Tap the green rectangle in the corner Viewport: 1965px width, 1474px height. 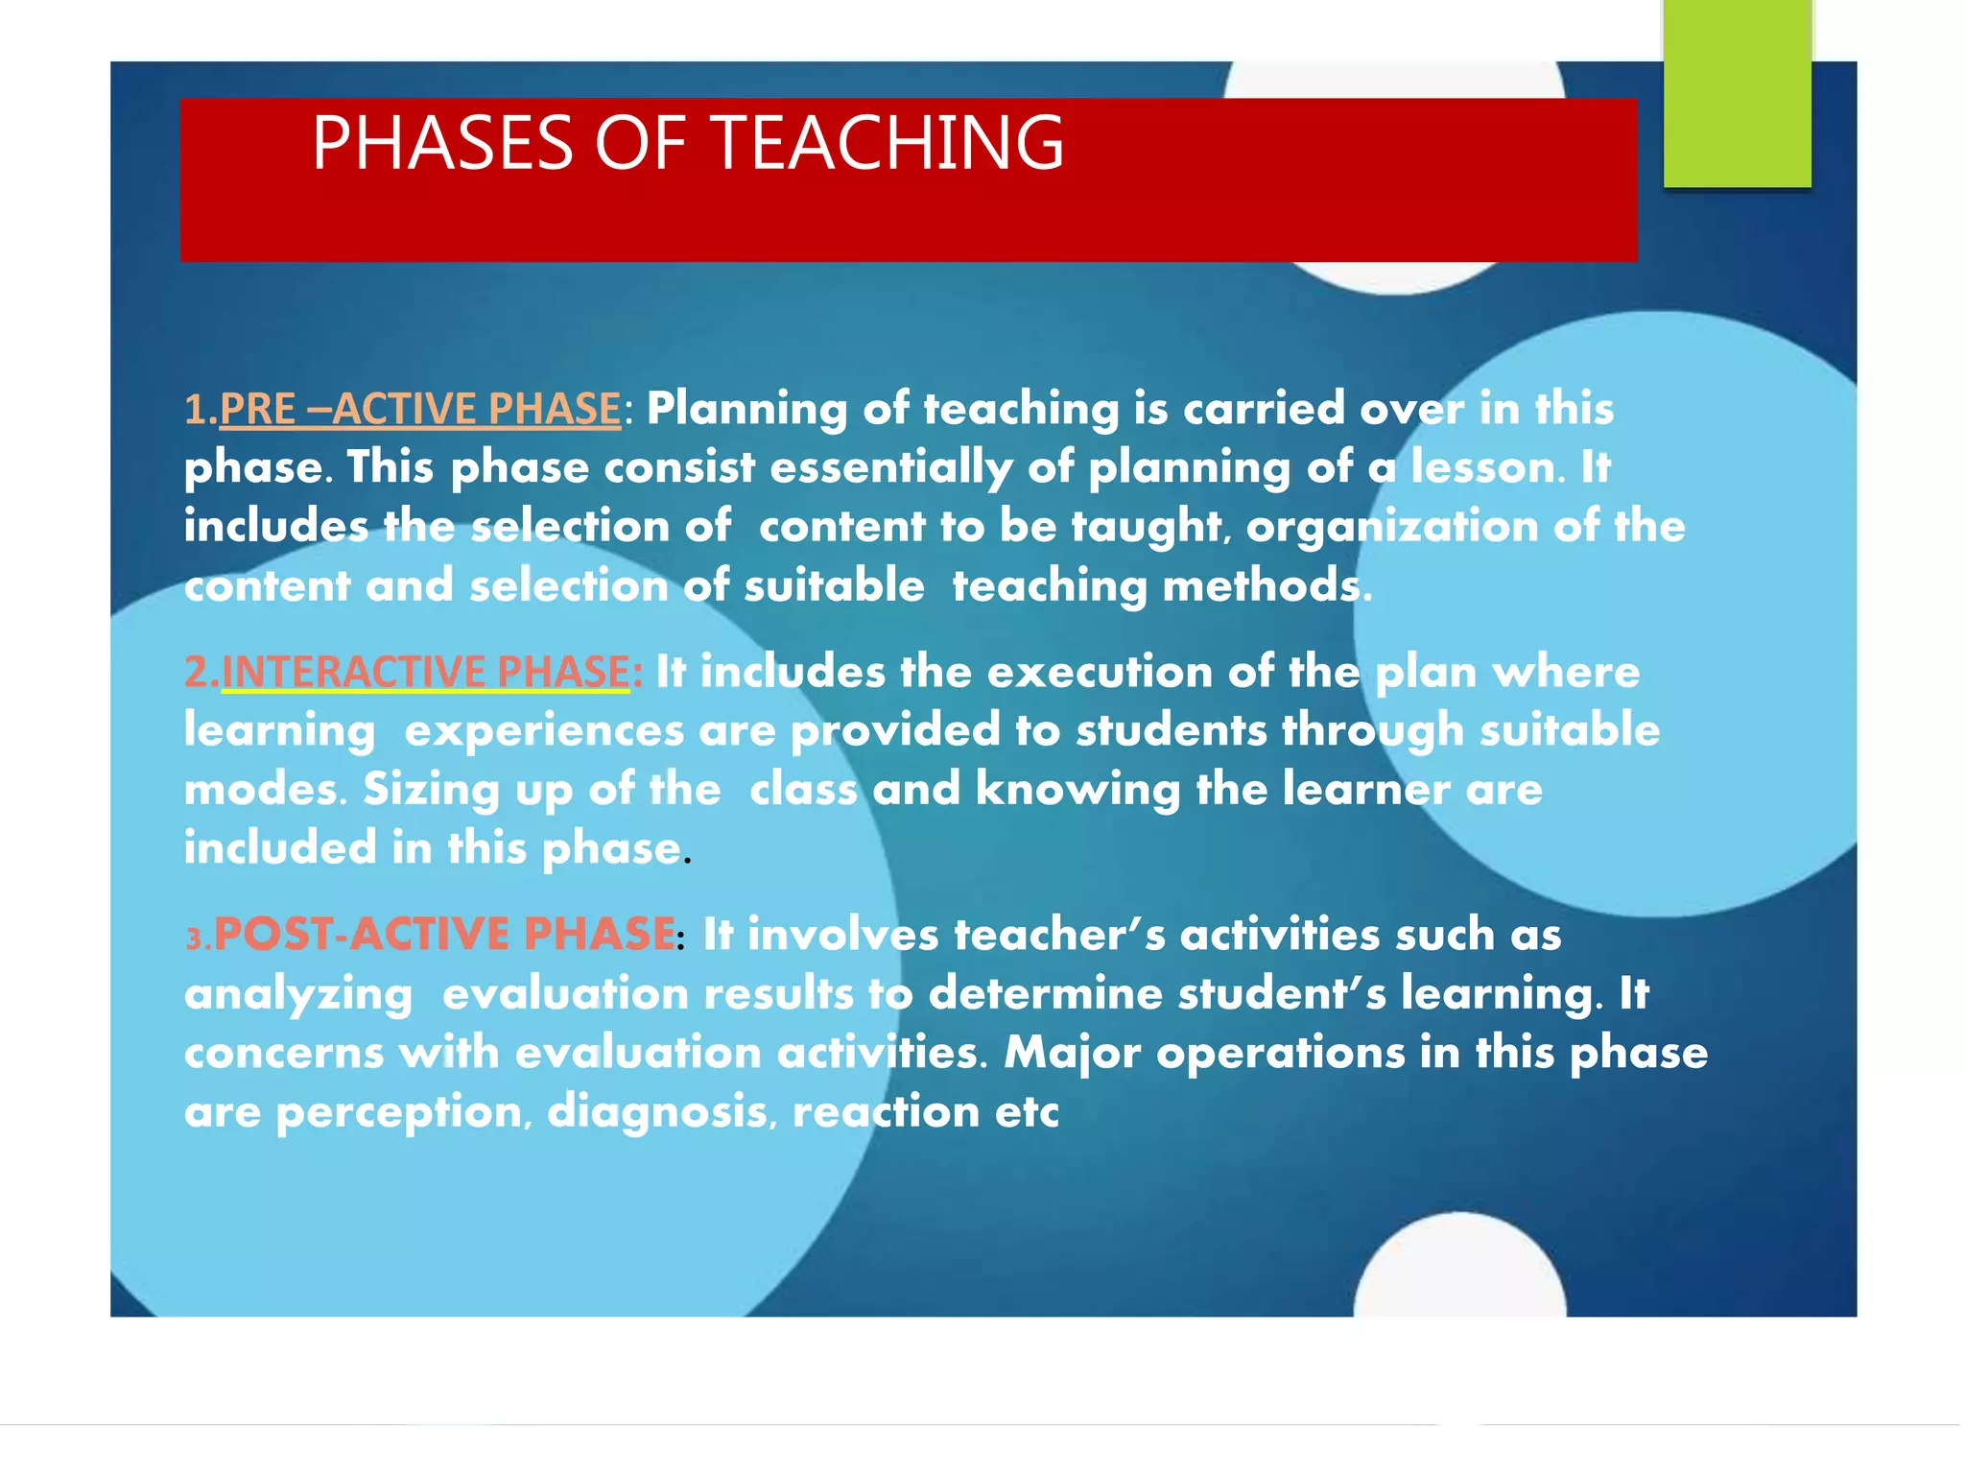point(1737,93)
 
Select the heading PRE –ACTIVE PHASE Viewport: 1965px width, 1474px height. point(420,410)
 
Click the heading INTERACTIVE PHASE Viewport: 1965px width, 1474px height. point(425,672)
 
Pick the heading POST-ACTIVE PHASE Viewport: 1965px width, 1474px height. point(444,935)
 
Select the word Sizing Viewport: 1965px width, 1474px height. point(431,790)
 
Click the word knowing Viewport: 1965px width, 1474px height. point(1077,790)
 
